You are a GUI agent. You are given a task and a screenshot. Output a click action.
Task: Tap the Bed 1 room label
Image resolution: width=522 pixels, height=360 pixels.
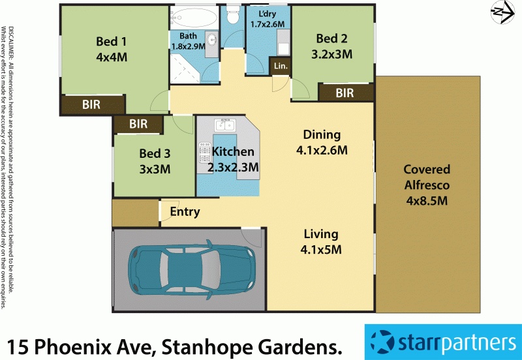(x=111, y=50)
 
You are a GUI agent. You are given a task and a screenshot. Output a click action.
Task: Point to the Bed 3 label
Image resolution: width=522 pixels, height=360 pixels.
(x=155, y=162)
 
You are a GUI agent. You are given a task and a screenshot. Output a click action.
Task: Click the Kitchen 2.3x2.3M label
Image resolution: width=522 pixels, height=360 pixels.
(x=232, y=160)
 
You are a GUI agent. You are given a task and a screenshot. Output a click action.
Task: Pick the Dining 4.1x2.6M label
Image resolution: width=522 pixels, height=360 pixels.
(x=322, y=142)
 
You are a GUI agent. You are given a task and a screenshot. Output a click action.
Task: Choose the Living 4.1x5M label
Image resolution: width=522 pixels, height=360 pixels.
(x=320, y=241)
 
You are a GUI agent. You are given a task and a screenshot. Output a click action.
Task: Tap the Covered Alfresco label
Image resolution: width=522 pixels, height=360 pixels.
(x=427, y=185)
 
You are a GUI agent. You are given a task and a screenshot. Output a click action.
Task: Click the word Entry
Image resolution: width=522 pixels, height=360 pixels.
(x=185, y=212)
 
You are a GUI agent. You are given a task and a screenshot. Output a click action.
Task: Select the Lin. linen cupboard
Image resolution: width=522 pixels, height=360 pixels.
(x=281, y=66)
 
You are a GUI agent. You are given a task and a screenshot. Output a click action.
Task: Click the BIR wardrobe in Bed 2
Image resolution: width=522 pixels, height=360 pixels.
(x=345, y=93)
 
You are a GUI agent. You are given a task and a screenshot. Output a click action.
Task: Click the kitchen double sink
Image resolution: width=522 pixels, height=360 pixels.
(x=225, y=124)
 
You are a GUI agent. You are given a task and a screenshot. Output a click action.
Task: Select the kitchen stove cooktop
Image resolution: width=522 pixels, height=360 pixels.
(x=204, y=154)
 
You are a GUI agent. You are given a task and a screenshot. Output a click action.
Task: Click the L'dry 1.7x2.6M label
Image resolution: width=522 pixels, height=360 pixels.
(x=268, y=20)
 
